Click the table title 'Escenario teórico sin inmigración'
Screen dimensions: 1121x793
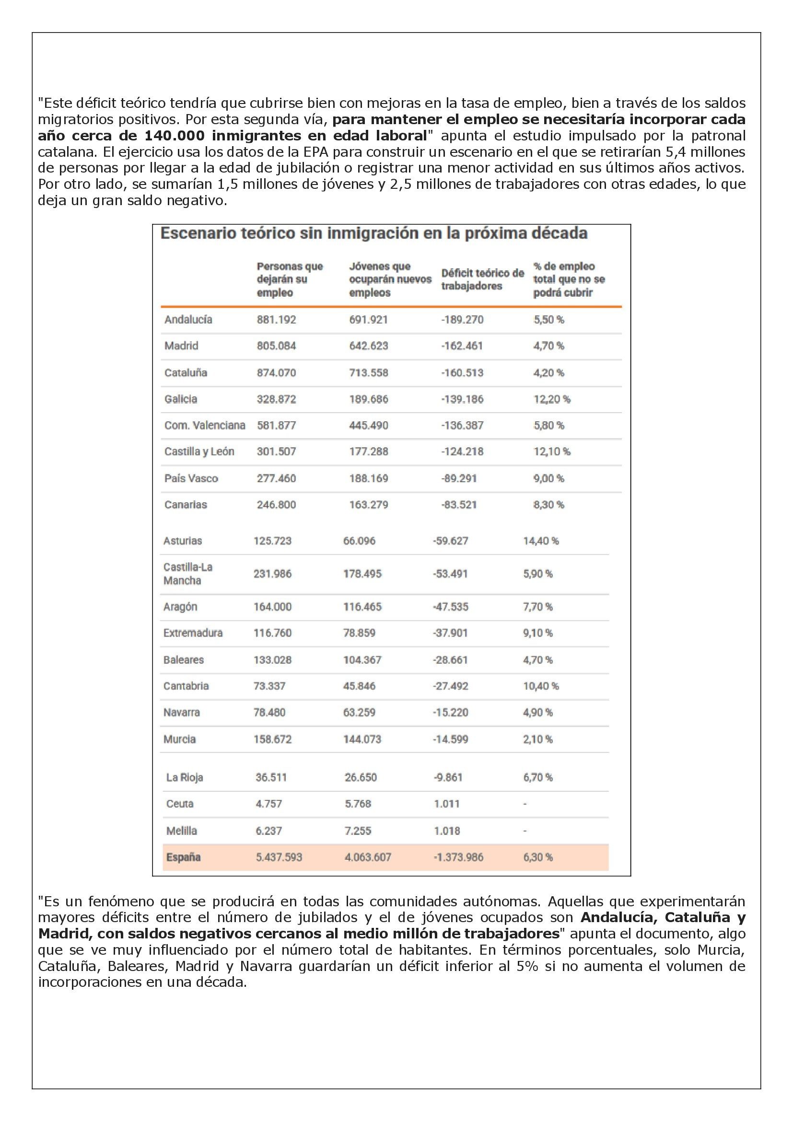[373, 234]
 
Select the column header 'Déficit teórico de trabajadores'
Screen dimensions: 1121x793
[482, 279]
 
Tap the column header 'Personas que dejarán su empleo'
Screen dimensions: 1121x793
[290, 279]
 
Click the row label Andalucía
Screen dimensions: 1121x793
[188, 320]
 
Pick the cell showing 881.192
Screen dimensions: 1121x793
[276, 320]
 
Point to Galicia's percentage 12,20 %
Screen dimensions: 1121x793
[551, 399]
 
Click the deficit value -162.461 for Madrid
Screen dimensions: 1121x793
[462, 346]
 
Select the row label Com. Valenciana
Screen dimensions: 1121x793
[205, 425]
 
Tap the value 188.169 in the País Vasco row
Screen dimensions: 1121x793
[368, 478]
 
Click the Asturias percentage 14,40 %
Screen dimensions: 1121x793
[540, 541]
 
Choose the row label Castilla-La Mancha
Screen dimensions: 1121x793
[188, 574]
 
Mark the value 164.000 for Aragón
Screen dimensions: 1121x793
[272, 607]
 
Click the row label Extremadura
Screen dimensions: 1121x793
[193, 633]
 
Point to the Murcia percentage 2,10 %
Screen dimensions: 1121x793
[537, 740]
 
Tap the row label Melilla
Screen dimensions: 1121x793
[181, 831]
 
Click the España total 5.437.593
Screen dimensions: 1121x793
[279, 857]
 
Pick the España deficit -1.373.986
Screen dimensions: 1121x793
[458, 857]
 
